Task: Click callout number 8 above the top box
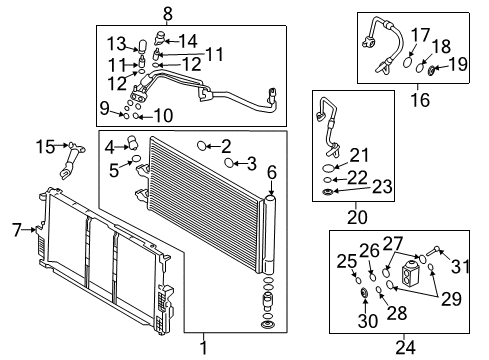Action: click(x=167, y=13)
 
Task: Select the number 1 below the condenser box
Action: click(x=204, y=347)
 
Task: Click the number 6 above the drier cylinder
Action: click(x=270, y=172)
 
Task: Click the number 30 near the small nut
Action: click(x=363, y=321)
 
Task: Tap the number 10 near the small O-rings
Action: click(x=164, y=116)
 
